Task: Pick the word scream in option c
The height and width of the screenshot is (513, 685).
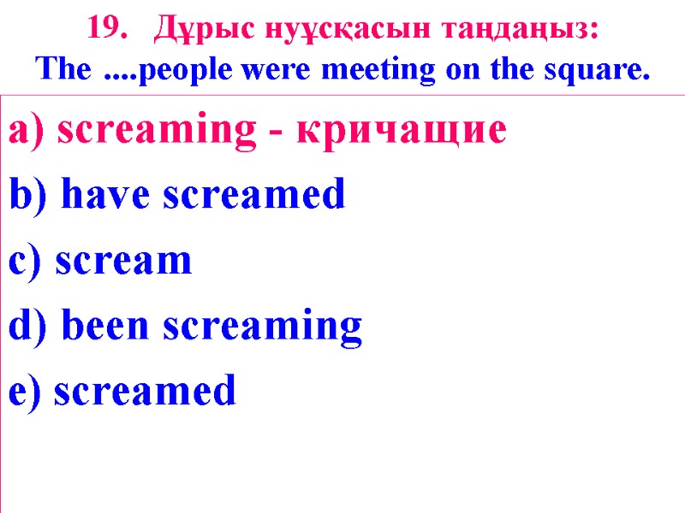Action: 122,262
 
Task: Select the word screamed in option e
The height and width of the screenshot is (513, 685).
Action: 143,392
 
